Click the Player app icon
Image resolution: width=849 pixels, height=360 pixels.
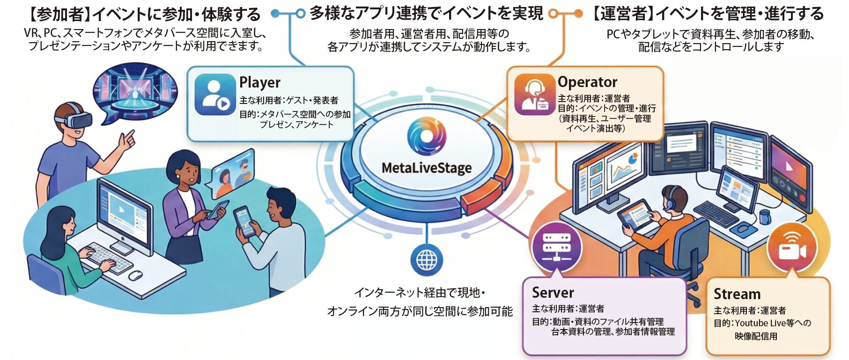[215, 95]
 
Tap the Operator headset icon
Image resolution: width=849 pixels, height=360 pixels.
[534, 94]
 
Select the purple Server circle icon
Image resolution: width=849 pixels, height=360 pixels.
[556, 247]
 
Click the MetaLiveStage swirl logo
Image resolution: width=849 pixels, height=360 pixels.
[427, 137]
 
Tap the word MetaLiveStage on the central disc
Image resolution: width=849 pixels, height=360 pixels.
[427, 168]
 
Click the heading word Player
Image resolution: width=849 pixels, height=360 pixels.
[260, 82]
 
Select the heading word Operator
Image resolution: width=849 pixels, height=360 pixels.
[587, 82]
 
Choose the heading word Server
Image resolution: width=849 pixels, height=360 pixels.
[553, 293]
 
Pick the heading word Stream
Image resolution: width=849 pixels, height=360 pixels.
[737, 294]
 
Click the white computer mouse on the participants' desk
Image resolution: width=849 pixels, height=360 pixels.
[135, 275]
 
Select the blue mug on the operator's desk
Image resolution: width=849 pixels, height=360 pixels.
[764, 217]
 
